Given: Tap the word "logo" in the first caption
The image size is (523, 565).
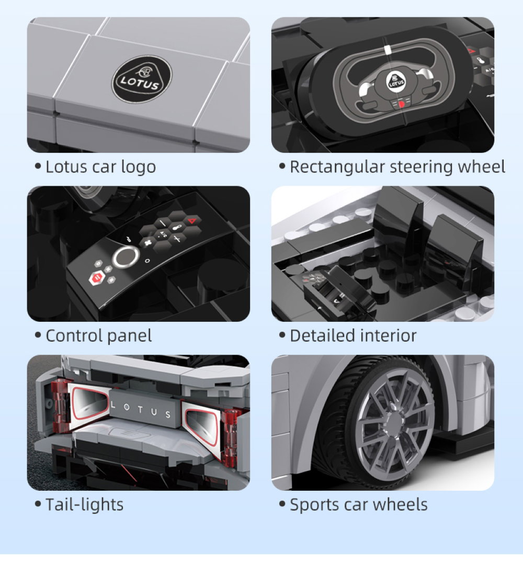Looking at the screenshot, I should tap(138, 167).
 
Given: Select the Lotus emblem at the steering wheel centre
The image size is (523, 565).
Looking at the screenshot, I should tap(396, 81).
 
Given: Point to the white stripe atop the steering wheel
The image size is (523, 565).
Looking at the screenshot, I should tap(387, 51).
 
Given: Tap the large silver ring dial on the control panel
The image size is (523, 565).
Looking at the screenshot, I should tap(124, 257).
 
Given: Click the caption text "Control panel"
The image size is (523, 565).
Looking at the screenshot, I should tap(98, 336).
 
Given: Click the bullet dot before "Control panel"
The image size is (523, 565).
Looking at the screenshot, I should tap(38, 335).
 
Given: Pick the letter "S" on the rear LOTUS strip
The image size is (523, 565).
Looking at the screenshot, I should tap(168, 415).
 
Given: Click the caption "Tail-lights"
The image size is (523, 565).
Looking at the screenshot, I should tap(84, 505).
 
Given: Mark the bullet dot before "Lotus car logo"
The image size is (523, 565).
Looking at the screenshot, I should tap(38, 167).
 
